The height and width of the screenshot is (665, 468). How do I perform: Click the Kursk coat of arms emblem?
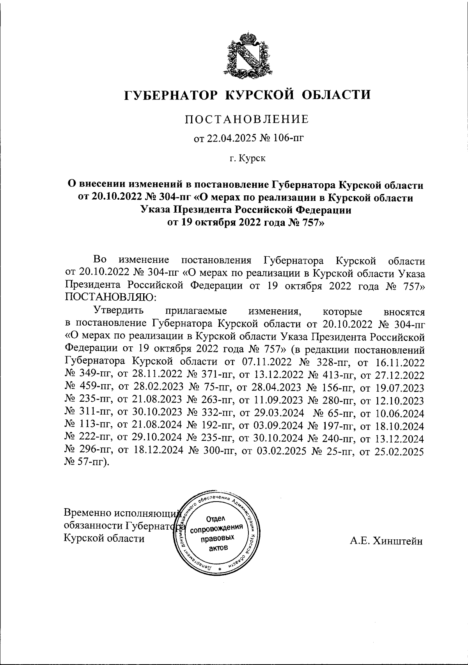[x=246, y=55]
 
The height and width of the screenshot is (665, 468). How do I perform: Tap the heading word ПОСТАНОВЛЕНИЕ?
[x=246, y=119]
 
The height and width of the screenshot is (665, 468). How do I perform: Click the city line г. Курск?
[x=246, y=159]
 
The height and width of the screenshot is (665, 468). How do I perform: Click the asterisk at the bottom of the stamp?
[x=214, y=569]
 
